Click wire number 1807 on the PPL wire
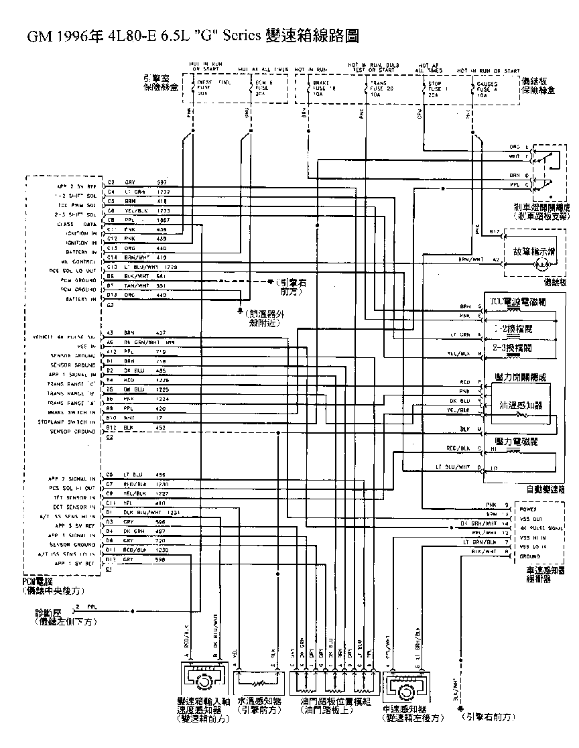pyautogui.click(x=162, y=220)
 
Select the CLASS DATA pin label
pyautogui.click(x=79, y=224)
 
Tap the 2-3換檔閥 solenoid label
pyautogui.click(x=512, y=349)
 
